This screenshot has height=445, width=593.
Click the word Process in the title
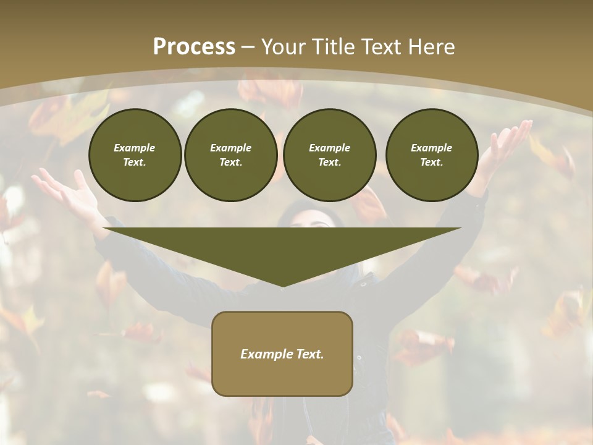click(194, 47)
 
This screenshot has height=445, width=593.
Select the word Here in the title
click(431, 47)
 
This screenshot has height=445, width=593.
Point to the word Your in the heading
click(281, 47)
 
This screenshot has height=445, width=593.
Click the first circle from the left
click(135, 155)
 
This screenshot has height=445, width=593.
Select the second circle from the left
click(231, 155)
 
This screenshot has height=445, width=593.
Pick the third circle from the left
click(330, 155)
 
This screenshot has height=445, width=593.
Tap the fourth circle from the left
click(432, 155)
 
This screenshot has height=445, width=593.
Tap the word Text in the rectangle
click(311, 354)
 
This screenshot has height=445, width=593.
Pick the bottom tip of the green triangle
click(283, 286)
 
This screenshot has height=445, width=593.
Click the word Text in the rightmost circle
click(431, 163)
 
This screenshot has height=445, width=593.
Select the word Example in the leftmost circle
click(135, 148)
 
